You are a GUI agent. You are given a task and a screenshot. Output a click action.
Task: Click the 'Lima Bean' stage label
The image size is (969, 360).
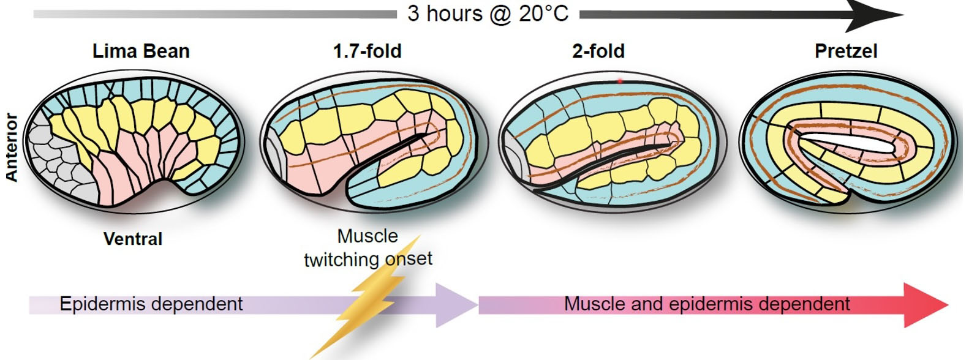(141, 51)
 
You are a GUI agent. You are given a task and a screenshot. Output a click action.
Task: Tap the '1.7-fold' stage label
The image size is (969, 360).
(368, 51)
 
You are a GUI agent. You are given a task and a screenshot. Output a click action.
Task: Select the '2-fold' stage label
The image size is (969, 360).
(598, 51)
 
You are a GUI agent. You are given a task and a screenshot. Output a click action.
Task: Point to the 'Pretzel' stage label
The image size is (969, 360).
(846, 51)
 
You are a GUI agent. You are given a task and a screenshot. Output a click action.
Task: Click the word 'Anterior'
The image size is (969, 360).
(12, 148)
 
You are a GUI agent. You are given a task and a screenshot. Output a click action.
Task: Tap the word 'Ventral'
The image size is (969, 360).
(133, 239)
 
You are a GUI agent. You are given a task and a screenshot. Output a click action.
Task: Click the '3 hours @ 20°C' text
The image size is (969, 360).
(488, 14)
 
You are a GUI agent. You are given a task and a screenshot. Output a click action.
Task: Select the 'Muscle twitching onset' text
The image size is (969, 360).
(368, 248)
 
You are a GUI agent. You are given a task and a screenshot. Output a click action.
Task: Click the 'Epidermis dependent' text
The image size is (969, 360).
(151, 304)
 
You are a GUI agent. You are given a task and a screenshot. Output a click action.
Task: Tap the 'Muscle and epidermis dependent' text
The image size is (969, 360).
(707, 304)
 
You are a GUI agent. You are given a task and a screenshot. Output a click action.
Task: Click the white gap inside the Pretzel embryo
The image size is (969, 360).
(846, 142)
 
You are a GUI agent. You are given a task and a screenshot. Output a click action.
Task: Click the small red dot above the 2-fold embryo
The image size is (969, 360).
(620, 81)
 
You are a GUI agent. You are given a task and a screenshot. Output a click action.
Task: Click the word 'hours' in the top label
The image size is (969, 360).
(454, 14)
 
